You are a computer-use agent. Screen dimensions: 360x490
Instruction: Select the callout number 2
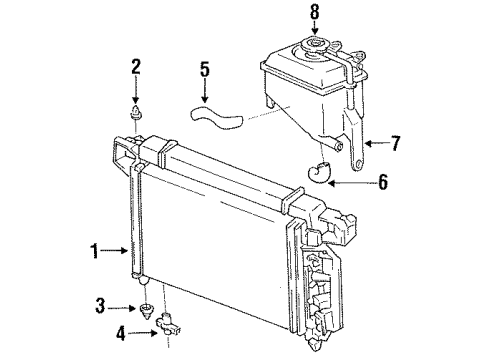point(136,68)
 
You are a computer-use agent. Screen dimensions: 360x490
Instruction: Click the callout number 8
point(315,14)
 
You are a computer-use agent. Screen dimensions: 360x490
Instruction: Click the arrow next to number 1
point(116,254)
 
